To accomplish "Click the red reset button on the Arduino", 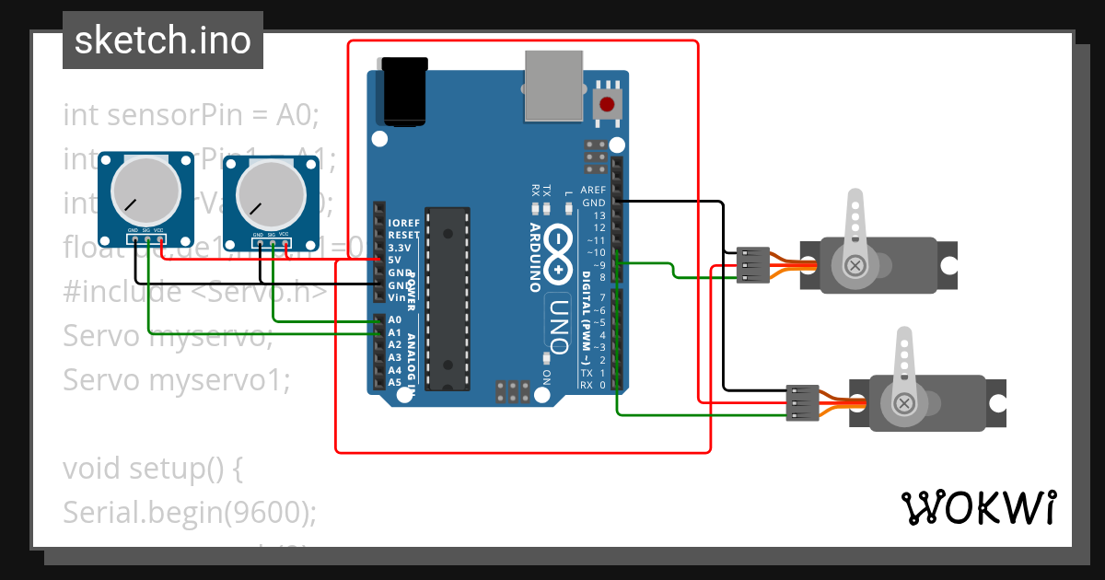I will pyautogui.click(x=607, y=103).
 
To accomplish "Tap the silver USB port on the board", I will pyautogui.click(x=554, y=85).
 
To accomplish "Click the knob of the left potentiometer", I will pyautogui.click(x=145, y=190).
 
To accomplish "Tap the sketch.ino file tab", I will pyautogui.click(x=163, y=41).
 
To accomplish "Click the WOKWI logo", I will pyautogui.click(x=978, y=507).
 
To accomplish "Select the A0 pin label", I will pyautogui.click(x=395, y=320).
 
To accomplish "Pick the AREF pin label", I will pyautogui.click(x=593, y=191).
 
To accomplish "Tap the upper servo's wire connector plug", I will pyautogui.click(x=752, y=265).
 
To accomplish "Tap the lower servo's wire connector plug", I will pyautogui.click(x=801, y=403).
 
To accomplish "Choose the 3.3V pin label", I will pyautogui.click(x=400, y=248).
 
